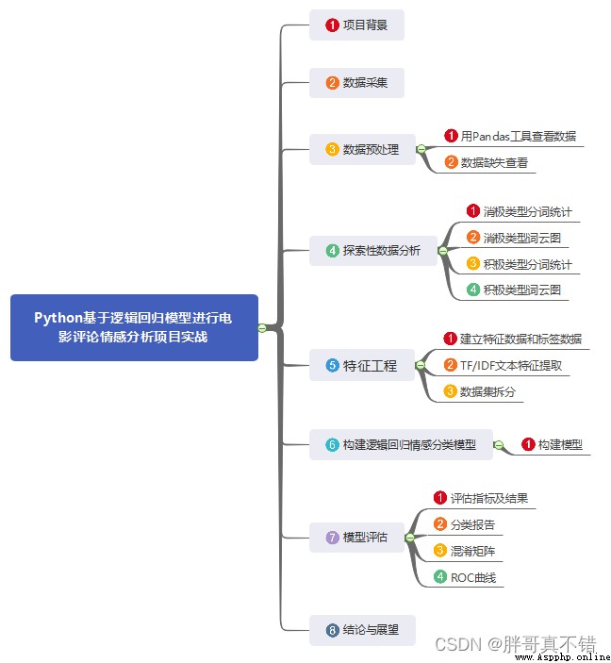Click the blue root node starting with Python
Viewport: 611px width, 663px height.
tap(134, 327)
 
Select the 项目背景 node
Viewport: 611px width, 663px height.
tap(356, 25)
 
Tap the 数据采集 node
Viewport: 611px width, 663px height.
tap(356, 83)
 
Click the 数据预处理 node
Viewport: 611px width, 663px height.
tap(362, 149)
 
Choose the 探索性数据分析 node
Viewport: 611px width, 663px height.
tap(373, 251)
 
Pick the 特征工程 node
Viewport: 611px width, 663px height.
tap(362, 365)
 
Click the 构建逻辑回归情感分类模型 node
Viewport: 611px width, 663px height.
tap(401, 444)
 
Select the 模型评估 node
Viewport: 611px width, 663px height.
tap(356, 537)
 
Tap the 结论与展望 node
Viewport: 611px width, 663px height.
tap(362, 630)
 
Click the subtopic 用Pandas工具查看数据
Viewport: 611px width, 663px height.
tap(510, 136)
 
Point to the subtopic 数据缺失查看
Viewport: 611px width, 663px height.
tap(487, 162)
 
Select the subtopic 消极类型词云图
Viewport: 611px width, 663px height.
tap(514, 238)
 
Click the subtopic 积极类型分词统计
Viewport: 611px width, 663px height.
tap(520, 264)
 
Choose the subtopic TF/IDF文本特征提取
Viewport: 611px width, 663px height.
tap(503, 365)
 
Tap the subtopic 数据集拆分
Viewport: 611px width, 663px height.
tap(480, 391)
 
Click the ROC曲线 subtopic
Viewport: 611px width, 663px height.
tap(465, 577)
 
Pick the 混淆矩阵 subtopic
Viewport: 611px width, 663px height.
tap(464, 551)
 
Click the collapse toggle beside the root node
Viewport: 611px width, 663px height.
tap(262, 327)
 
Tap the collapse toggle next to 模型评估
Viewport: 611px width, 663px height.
tap(409, 538)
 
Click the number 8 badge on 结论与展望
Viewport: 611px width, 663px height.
tap(332, 630)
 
